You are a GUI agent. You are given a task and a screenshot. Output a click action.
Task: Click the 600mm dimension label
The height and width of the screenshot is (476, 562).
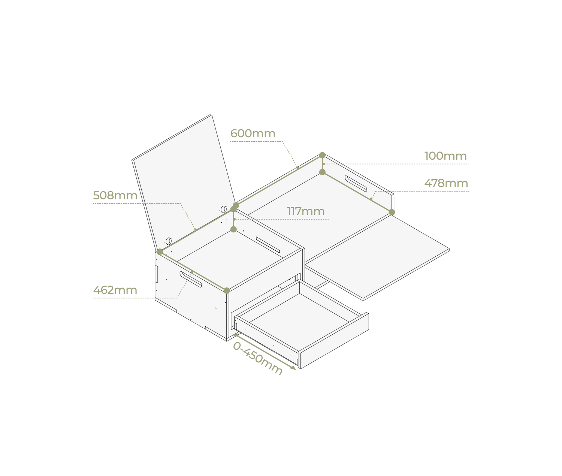tap(253, 133)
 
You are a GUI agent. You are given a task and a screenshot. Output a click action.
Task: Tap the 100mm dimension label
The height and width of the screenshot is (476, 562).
tap(445, 156)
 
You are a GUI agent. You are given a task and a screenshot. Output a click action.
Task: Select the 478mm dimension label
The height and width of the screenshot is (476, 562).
tap(446, 183)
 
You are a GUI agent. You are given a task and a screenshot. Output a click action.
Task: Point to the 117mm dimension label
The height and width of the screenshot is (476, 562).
tap(306, 211)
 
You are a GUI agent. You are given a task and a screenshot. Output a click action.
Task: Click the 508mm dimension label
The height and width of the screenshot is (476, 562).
tap(115, 196)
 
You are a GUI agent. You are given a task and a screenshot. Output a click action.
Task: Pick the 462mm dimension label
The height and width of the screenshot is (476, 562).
tap(115, 290)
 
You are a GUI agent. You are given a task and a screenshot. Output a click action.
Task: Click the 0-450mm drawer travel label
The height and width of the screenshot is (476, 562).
tap(257, 358)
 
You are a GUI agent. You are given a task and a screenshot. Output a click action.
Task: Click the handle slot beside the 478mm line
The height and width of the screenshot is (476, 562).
tap(356, 184)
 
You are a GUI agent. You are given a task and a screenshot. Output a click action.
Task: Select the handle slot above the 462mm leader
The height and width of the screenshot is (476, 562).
tap(191, 279)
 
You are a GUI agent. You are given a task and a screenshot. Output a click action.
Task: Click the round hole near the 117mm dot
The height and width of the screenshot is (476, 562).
tap(224, 209)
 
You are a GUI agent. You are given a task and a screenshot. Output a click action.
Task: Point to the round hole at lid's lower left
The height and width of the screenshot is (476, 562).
tap(168, 241)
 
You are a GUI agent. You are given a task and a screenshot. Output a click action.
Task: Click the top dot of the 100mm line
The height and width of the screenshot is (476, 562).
tap(322, 155)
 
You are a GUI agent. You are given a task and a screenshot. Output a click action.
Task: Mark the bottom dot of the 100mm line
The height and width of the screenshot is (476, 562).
tap(322, 172)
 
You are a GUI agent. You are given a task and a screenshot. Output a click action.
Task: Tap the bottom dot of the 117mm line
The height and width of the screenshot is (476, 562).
tap(233, 229)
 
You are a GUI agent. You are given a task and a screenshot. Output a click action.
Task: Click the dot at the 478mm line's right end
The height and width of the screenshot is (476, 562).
tap(392, 212)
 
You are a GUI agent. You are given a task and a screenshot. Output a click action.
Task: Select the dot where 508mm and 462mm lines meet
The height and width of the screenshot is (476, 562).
tap(160, 252)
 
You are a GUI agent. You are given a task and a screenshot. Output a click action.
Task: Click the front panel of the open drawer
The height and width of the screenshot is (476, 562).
tap(334, 341)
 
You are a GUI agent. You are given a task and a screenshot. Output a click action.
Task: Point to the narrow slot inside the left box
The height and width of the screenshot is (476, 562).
tap(268, 244)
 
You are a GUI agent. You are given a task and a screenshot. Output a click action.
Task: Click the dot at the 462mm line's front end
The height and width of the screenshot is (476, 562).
tap(227, 290)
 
